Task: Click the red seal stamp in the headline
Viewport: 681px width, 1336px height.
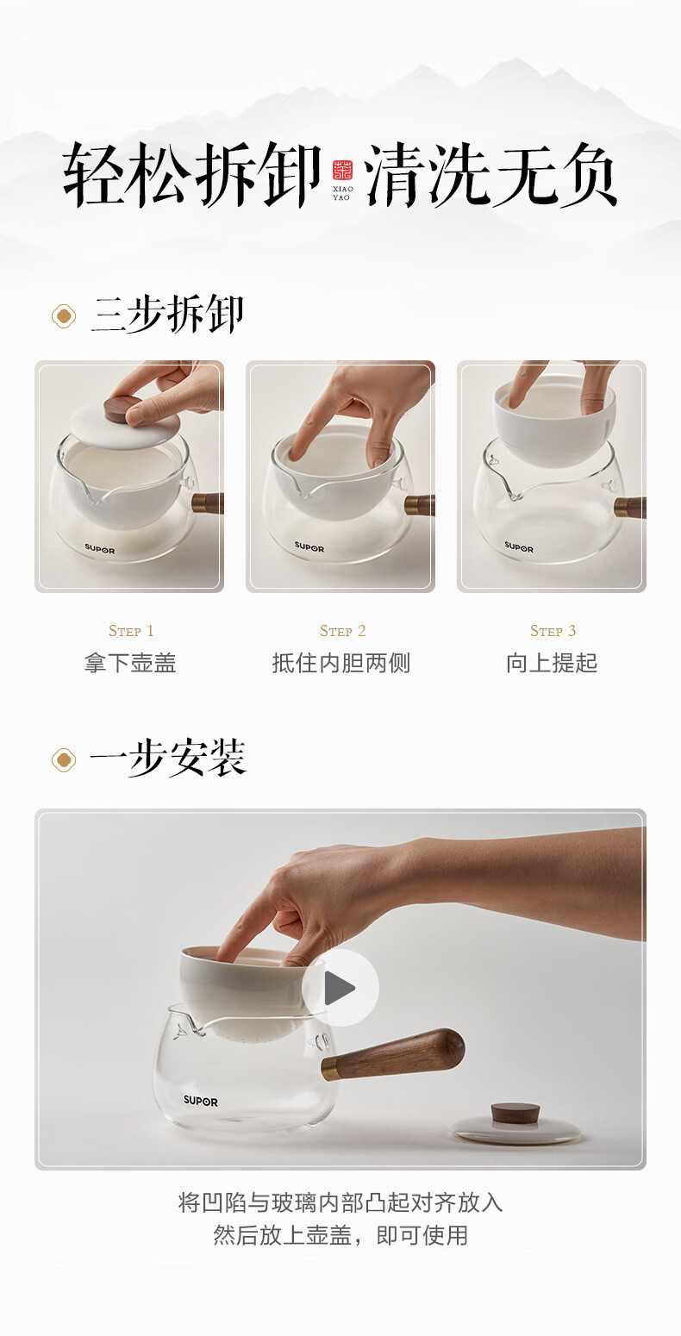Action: tap(342, 170)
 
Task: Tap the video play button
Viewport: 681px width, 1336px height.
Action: tap(340, 988)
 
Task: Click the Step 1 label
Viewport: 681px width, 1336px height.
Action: tap(131, 630)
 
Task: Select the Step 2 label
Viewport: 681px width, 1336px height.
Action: tap(342, 630)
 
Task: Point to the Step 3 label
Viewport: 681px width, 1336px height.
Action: tap(553, 630)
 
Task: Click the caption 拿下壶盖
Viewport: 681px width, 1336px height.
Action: tap(130, 663)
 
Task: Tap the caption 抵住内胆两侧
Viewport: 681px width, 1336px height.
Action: tap(341, 663)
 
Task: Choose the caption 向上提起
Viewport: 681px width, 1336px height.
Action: tap(552, 663)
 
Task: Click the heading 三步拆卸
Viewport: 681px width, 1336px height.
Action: tap(167, 315)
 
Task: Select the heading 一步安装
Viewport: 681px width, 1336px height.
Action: tap(167, 758)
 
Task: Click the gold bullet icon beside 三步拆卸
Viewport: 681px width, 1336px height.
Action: tap(64, 316)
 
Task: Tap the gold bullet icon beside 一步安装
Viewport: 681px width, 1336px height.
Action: tap(64, 760)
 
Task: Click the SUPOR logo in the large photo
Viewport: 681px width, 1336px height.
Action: tap(200, 1101)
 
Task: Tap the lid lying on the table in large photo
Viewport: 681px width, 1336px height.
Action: tap(515, 1123)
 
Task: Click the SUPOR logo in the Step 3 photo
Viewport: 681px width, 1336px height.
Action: tap(519, 546)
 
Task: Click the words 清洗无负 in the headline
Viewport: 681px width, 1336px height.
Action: tap(491, 174)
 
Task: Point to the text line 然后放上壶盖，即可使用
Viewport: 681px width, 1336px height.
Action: tap(340, 1235)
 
